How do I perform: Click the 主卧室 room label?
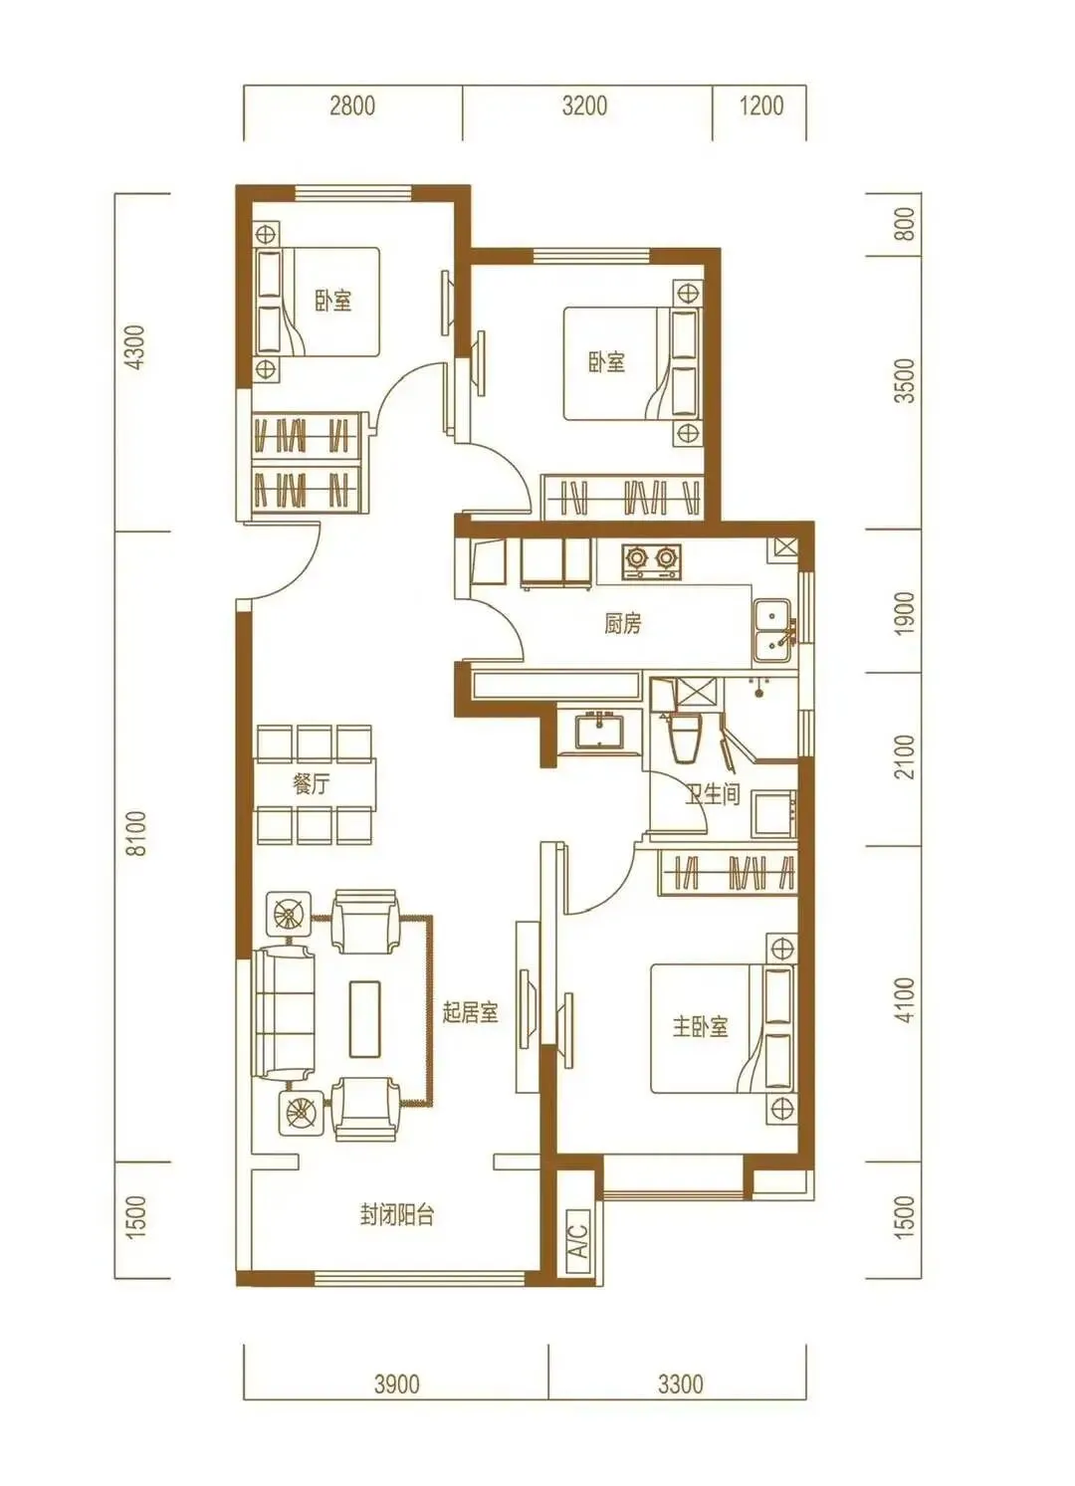coord(700,1027)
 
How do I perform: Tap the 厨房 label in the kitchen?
coord(623,624)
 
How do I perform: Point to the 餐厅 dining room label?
coord(311,784)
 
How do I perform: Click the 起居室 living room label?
coord(471,1012)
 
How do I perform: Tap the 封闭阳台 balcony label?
coord(397,1215)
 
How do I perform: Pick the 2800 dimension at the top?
coord(352,106)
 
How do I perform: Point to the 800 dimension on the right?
coord(907,224)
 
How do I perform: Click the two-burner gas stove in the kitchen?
coord(652,561)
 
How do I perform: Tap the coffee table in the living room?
coord(365,1019)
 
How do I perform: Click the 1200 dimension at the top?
coord(761,106)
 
